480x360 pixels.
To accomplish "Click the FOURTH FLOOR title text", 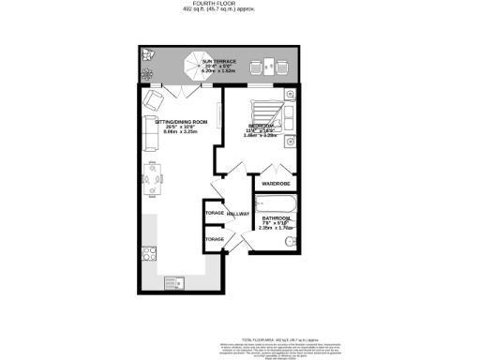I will point(239,4).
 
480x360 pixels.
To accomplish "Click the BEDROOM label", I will point(260,126).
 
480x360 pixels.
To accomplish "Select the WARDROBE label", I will point(275,183).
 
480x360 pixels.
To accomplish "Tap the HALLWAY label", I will point(238,215).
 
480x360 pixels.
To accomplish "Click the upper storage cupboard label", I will point(214,214).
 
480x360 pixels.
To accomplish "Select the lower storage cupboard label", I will point(214,240).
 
